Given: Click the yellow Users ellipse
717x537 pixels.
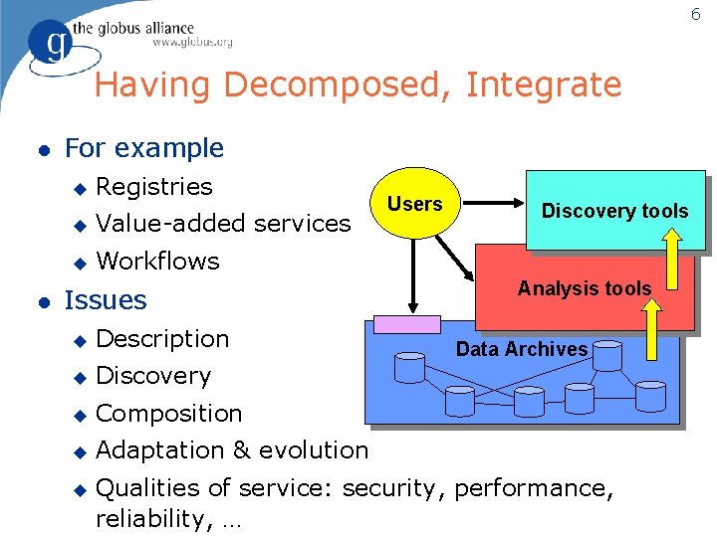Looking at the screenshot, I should [414, 204].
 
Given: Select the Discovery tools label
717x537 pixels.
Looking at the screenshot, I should [614, 211].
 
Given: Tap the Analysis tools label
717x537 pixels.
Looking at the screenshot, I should [585, 288].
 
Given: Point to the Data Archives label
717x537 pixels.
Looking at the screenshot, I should [522, 349].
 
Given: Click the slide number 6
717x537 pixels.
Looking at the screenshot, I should [696, 13].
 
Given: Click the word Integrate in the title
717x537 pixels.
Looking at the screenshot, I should [543, 85].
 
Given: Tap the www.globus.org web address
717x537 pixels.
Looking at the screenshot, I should [192, 42].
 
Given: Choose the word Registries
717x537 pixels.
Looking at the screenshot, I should [154, 186].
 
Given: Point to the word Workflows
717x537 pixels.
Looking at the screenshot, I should [157, 261].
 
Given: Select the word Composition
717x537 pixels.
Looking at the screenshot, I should [169, 413].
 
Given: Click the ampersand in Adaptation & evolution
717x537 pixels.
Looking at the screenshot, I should [242, 449].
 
